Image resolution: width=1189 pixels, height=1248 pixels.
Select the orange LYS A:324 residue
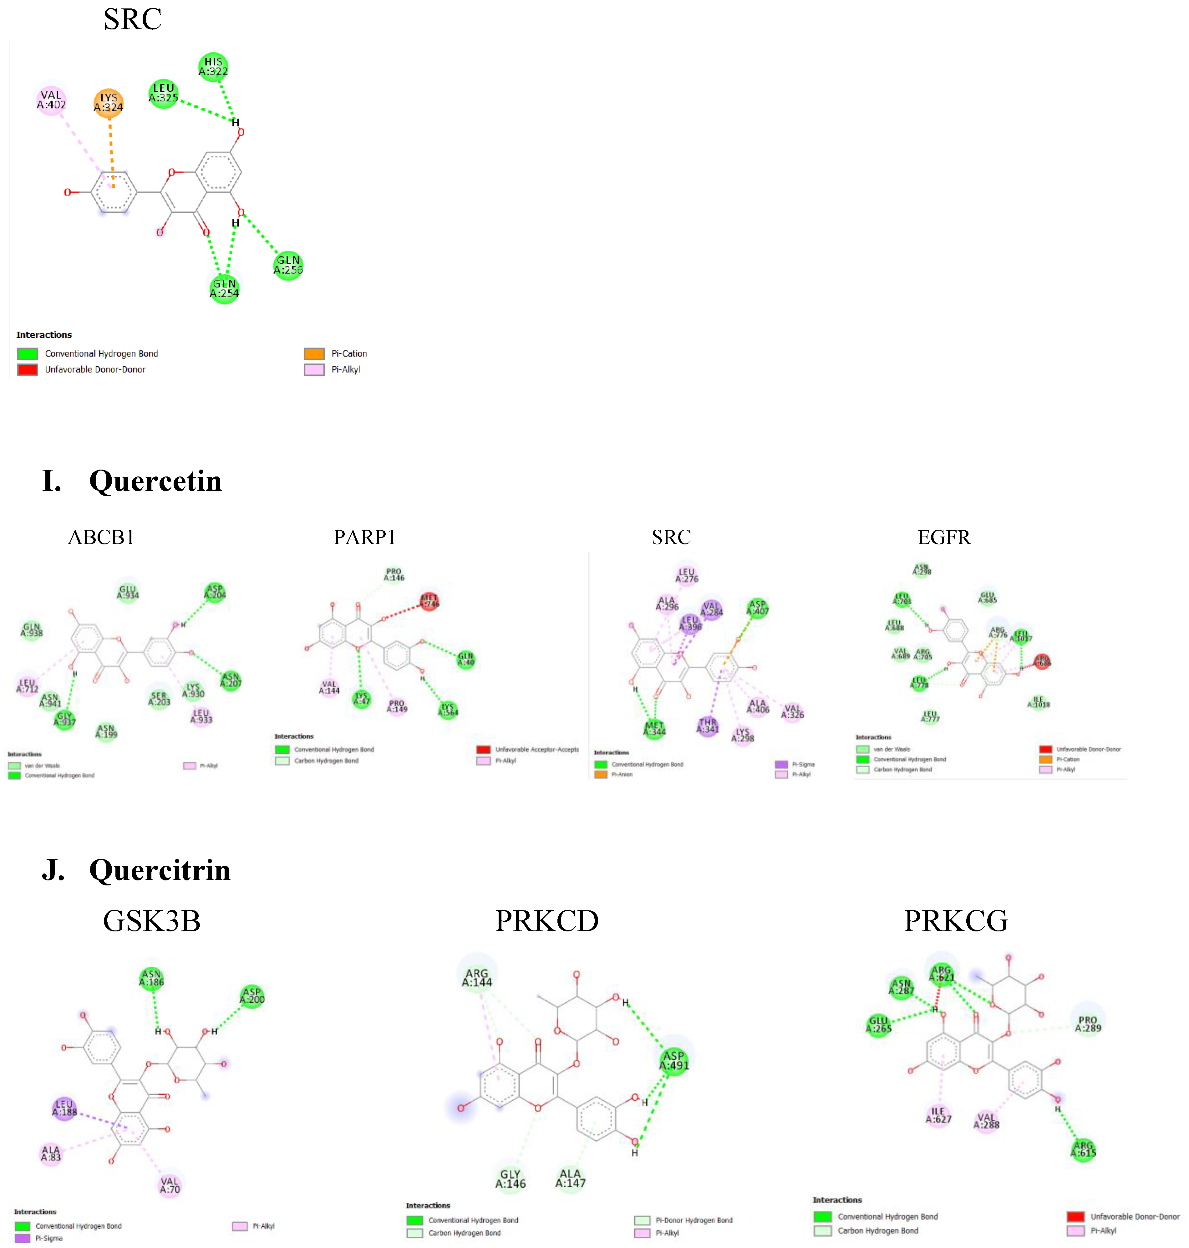pyautogui.click(x=108, y=103)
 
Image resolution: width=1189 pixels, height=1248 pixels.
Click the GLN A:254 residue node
pyautogui.click(x=224, y=288)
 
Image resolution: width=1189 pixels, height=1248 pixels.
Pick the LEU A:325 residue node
pyautogui.click(x=164, y=93)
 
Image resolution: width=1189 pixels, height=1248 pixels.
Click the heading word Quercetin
pyautogui.click(x=155, y=481)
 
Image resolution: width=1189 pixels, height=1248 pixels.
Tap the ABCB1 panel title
pyautogui.click(x=101, y=537)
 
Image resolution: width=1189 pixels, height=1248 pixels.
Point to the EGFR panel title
pyautogui.click(x=944, y=537)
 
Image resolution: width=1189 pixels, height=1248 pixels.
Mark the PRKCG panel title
pyautogui.click(x=956, y=921)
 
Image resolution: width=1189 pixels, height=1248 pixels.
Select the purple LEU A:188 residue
pyautogui.click(x=64, y=1108)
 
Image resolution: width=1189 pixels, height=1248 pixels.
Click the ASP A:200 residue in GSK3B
pyautogui.click(x=252, y=996)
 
